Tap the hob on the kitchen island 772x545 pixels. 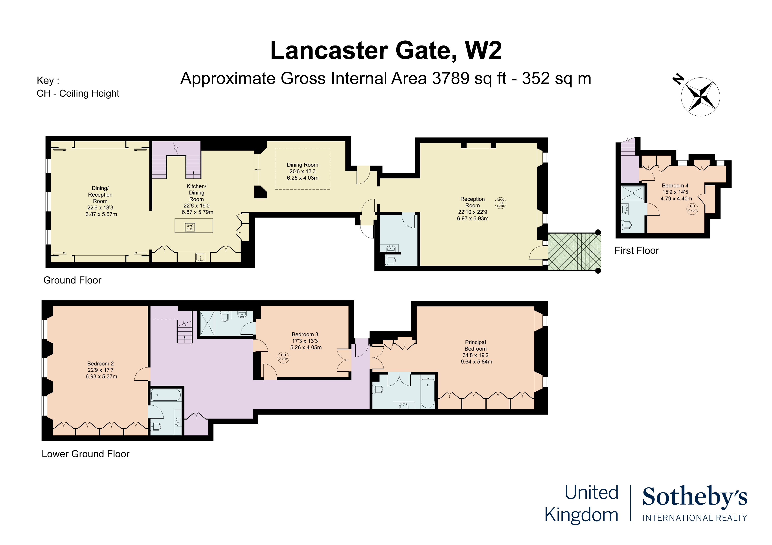(x=190, y=227)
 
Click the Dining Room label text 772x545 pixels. (x=302, y=165)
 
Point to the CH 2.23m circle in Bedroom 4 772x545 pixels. (x=692, y=209)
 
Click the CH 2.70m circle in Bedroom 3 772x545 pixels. (x=283, y=357)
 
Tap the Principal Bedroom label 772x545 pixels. (x=475, y=345)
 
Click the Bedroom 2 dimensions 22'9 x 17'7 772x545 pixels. (x=101, y=370)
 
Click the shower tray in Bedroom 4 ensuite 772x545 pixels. (x=632, y=193)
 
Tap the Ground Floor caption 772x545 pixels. (x=72, y=280)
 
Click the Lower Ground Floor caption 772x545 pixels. (x=85, y=454)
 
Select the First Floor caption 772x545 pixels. (x=636, y=251)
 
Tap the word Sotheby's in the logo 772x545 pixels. (x=695, y=497)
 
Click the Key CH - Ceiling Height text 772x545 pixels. (x=78, y=93)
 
